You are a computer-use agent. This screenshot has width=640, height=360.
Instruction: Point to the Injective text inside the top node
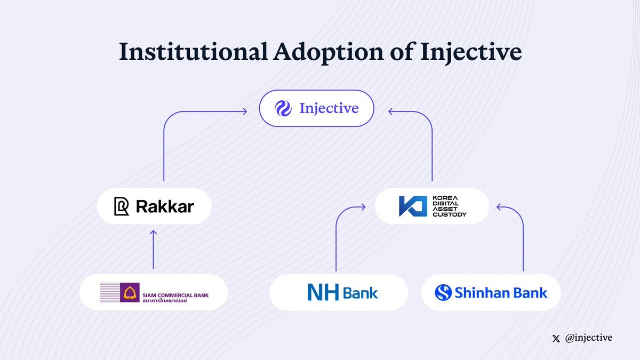tap(329, 109)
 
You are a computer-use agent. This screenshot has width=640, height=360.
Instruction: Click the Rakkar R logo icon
tap(122, 206)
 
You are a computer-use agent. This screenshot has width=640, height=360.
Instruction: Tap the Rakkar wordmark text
tap(165, 206)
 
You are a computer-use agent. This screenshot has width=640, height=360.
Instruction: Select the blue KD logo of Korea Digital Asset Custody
tap(412, 206)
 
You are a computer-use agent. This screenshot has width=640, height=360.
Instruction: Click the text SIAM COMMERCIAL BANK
tap(175, 290)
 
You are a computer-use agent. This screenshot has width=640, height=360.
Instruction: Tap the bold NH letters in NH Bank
tap(323, 292)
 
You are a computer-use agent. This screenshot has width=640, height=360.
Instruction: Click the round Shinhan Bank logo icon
tap(443, 292)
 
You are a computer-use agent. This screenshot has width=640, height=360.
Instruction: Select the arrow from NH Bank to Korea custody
tap(337, 235)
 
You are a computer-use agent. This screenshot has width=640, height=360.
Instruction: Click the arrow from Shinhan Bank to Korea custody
tap(523, 235)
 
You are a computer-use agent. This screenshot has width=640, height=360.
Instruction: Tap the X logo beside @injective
tap(557, 338)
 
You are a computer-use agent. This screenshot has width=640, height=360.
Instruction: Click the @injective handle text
tap(589, 338)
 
